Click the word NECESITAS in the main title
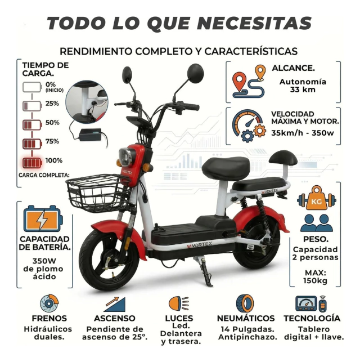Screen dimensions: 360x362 point(254,23)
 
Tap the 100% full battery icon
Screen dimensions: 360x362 point(32,163)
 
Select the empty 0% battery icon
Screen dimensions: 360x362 point(32,87)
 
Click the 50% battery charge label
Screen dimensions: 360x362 point(52,123)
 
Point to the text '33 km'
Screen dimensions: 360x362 point(303,90)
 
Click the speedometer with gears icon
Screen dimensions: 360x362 point(247,126)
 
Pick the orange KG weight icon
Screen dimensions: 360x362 point(317,198)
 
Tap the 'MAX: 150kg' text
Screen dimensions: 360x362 point(315,277)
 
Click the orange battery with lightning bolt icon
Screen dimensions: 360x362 point(43,218)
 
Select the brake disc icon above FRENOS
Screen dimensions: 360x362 point(49,303)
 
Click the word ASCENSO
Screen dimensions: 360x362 point(114,318)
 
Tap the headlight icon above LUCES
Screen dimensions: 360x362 point(178,303)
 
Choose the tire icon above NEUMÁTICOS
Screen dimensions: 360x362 point(245,303)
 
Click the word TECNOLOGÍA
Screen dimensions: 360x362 point(312,318)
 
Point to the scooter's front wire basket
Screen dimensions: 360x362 point(98,193)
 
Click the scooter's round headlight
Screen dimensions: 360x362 point(125,157)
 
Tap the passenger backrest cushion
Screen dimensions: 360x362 point(283,158)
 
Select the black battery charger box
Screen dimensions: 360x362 point(90,135)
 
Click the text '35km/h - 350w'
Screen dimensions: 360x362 point(303,133)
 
